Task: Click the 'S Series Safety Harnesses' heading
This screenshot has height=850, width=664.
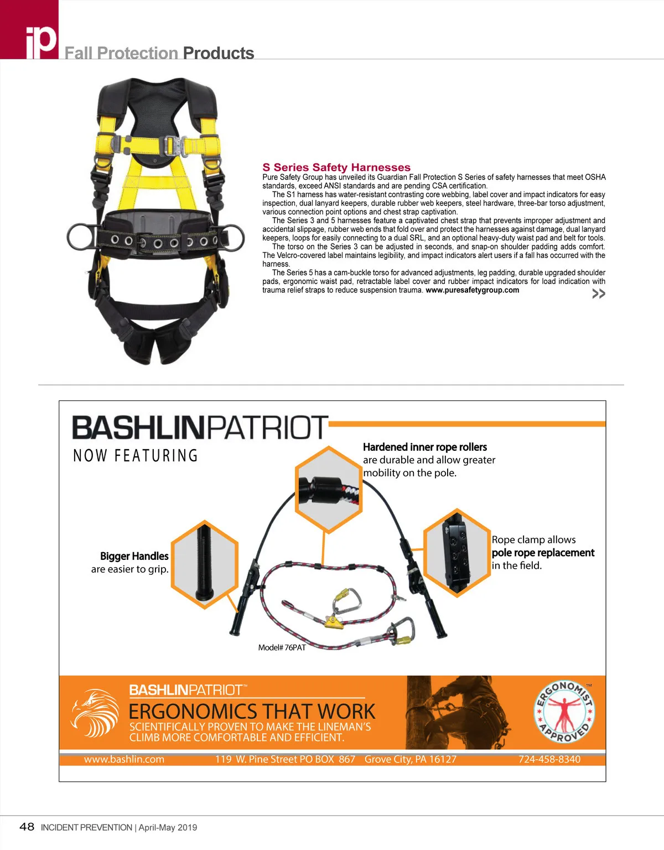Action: pyautogui.click(x=336, y=167)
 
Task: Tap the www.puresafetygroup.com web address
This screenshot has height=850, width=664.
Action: pyautogui.click(x=472, y=290)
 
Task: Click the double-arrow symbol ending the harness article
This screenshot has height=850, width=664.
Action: pyautogui.click(x=598, y=293)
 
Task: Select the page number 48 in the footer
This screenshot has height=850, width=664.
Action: pyautogui.click(x=27, y=827)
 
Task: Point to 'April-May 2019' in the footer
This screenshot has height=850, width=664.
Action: pyautogui.click(x=168, y=827)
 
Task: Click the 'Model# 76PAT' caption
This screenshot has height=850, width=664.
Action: pyautogui.click(x=282, y=647)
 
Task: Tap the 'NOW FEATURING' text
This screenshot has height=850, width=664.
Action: pyautogui.click(x=136, y=456)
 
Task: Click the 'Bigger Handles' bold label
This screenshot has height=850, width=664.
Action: pyautogui.click(x=134, y=556)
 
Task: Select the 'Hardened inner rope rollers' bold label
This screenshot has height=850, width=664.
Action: pyautogui.click(x=424, y=447)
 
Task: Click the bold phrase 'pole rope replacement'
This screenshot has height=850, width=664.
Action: pyautogui.click(x=543, y=553)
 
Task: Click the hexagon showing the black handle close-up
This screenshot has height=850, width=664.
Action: pyautogui.click(x=204, y=564)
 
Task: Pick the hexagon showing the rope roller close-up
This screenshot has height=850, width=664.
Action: pyautogui.click(x=328, y=490)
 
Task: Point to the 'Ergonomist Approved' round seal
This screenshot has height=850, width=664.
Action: pyautogui.click(x=564, y=712)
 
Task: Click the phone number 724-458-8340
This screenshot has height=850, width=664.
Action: pyautogui.click(x=549, y=759)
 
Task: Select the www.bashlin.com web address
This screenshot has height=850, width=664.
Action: pyautogui.click(x=124, y=759)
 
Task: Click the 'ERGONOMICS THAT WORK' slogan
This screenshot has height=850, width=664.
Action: pyautogui.click(x=252, y=712)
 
